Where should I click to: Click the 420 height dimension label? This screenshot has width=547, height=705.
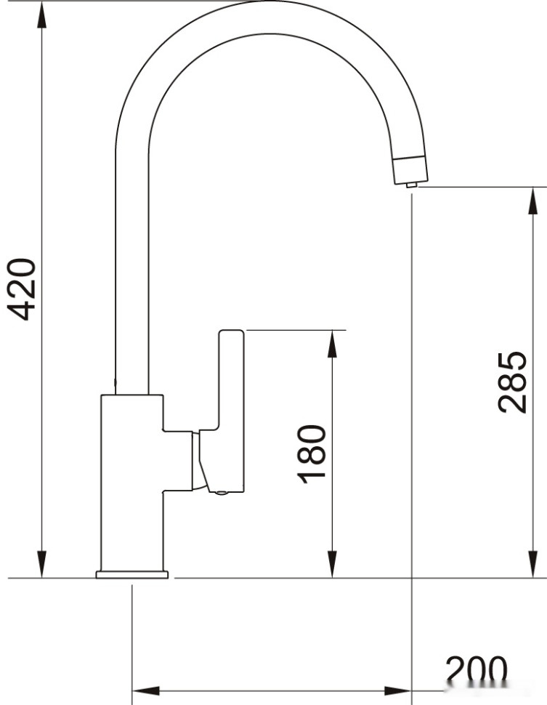(21, 289)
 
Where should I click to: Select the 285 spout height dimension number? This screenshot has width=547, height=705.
(512, 382)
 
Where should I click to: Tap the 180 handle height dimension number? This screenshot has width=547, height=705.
(311, 454)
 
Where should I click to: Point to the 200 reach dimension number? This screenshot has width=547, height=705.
(476, 671)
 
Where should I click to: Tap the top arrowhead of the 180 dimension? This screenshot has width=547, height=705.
(332, 343)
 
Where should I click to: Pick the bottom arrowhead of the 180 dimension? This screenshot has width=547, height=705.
(332, 565)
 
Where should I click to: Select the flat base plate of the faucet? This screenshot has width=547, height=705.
(132, 575)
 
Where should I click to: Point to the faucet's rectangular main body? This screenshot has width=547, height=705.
(131, 480)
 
